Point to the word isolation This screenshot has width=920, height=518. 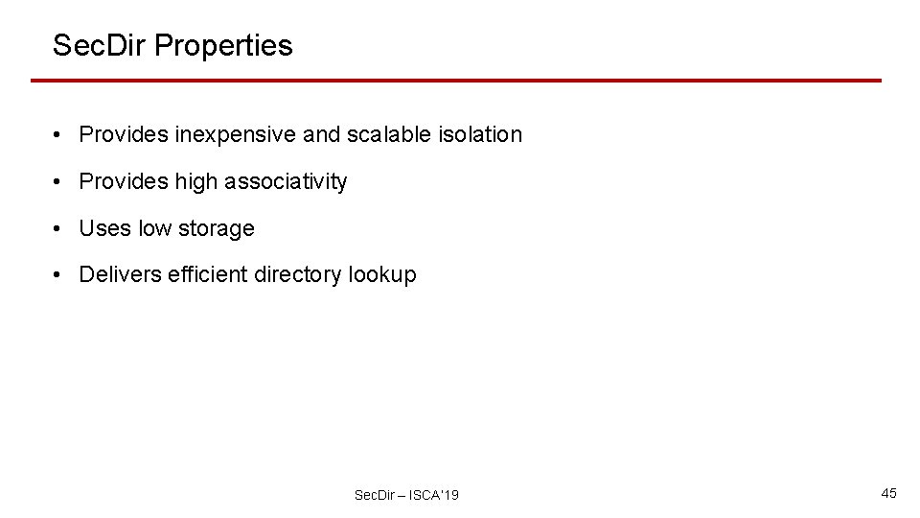point(477,134)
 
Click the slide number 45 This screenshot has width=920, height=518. point(888,493)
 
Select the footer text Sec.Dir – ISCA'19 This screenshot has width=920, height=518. point(406,495)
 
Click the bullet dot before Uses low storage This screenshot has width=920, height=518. point(59,229)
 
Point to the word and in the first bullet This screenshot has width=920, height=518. point(320,134)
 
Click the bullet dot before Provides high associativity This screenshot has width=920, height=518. point(59,182)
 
